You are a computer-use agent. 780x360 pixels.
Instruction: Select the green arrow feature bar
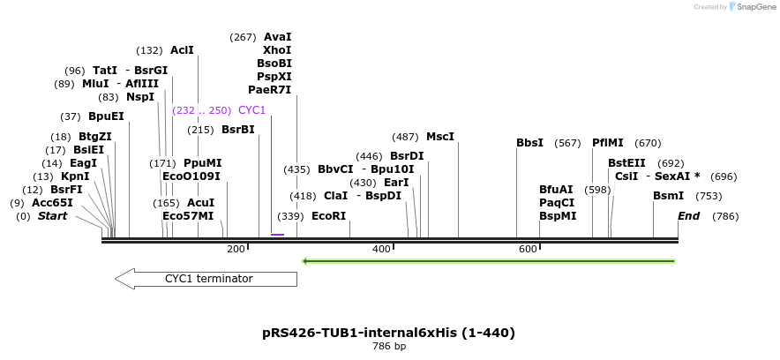point(489,261)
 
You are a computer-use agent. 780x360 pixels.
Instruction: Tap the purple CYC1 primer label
point(251,110)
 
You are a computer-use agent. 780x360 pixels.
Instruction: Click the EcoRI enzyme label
point(328,216)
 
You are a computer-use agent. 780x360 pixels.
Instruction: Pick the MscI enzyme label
point(439,137)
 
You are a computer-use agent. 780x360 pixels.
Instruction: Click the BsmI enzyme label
point(668,196)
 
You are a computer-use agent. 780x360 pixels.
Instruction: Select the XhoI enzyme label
point(277,50)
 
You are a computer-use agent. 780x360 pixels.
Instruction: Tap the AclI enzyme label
point(182,50)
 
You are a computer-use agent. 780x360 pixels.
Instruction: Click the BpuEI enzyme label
point(106,116)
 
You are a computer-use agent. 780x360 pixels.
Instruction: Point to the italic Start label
point(52,216)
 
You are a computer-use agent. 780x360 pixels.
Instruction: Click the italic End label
point(688,216)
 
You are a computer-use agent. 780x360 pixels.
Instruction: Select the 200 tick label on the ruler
point(236,250)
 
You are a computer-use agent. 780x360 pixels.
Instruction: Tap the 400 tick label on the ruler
point(381,250)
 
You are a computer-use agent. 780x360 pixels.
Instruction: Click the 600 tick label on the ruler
point(528,250)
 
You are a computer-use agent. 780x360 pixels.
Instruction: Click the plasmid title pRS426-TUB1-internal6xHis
point(388,333)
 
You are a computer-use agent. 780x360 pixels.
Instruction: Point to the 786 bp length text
point(388,347)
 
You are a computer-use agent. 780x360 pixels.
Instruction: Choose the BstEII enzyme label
point(626,163)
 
